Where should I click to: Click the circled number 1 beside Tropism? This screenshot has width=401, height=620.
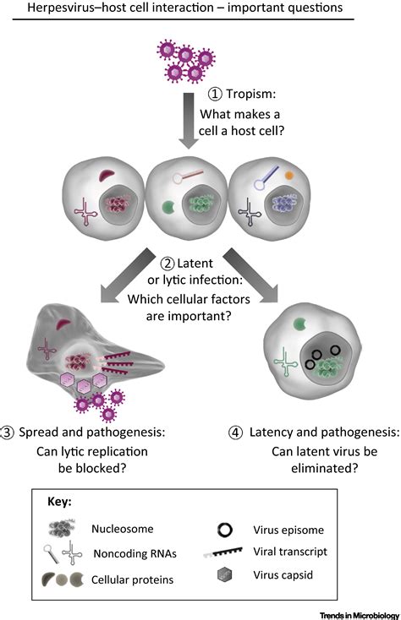point(215,94)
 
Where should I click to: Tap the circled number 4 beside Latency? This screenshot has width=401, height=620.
point(235,432)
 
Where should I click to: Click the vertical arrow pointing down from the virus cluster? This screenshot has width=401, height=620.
point(189,121)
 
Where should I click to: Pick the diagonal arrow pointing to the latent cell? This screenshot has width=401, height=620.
point(250,275)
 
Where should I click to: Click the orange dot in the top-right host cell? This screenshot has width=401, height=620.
point(289,175)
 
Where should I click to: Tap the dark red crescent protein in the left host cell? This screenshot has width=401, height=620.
point(107,175)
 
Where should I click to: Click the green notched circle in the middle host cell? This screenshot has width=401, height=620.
point(168,207)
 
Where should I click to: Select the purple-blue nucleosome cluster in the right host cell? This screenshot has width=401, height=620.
point(283,204)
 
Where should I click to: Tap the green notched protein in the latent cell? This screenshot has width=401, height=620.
point(300,324)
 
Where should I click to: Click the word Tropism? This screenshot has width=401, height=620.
point(250,94)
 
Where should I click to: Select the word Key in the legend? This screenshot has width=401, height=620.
point(59,502)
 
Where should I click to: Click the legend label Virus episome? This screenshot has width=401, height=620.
point(288,530)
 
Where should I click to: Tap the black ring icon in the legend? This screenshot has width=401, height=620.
point(225,530)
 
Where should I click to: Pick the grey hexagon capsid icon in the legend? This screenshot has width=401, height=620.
point(224,574)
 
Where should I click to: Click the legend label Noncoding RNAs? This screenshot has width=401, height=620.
point(135,553)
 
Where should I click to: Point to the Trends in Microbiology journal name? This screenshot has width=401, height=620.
point(360,615)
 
